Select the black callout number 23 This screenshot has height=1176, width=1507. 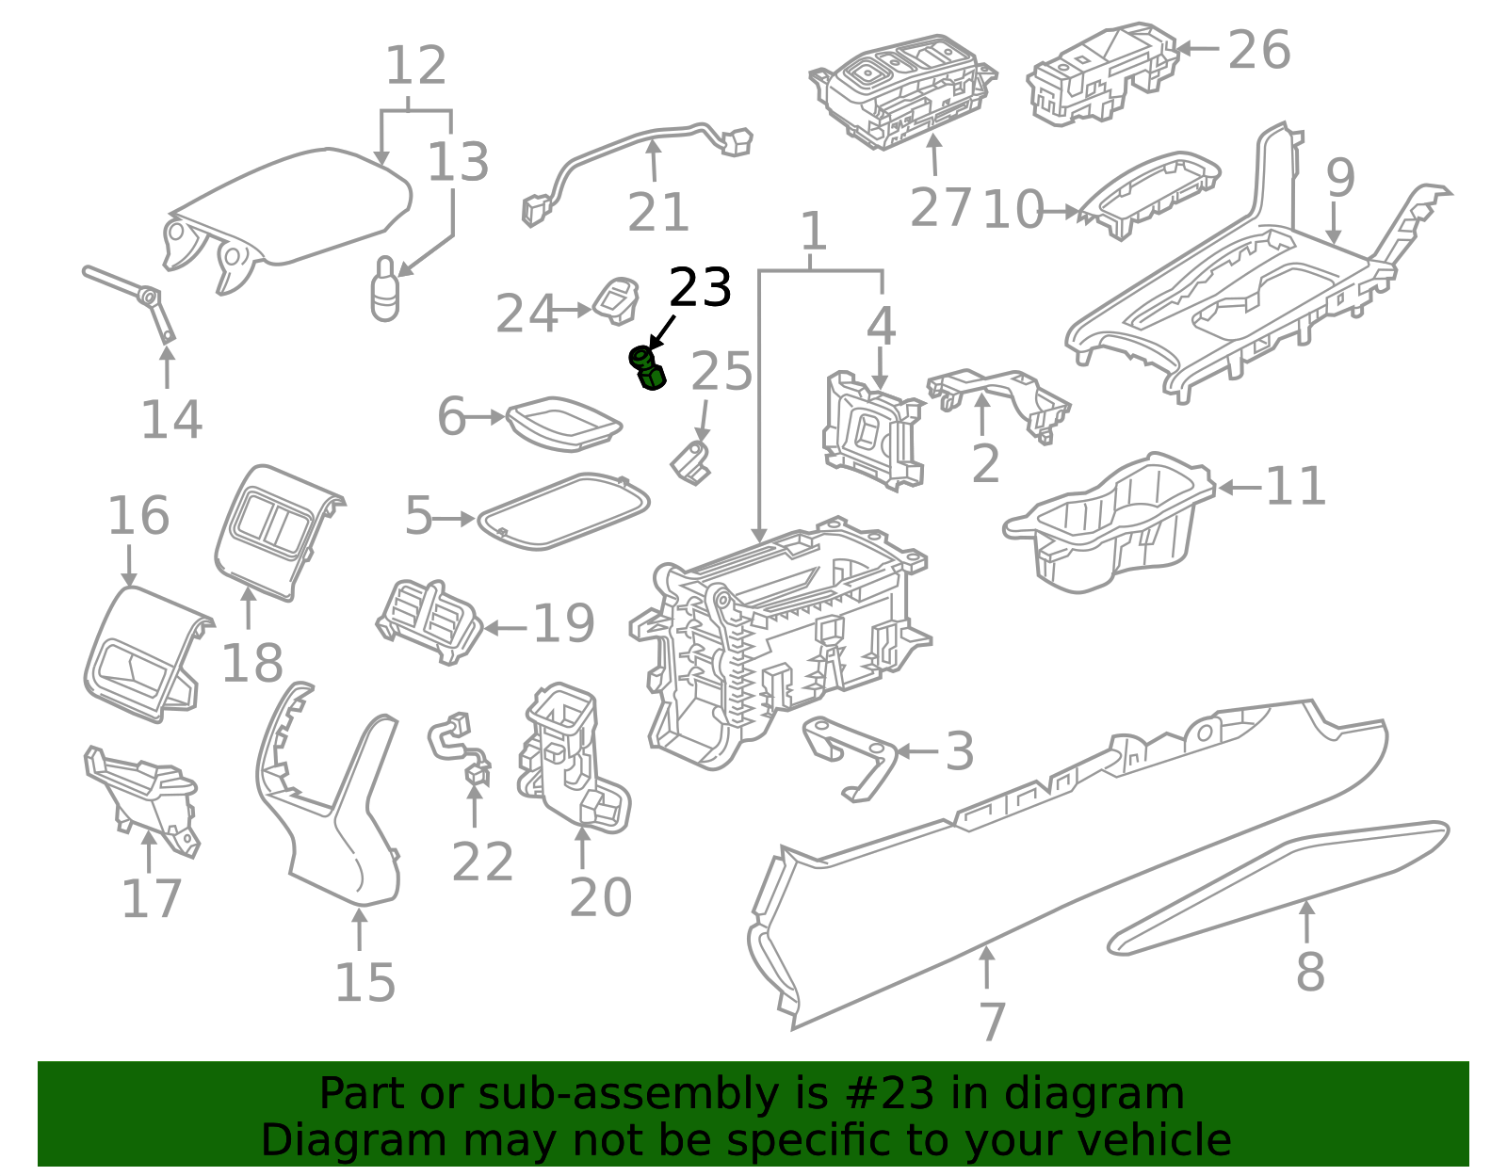coord(700,288)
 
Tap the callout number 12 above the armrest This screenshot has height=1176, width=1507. coord(415,66)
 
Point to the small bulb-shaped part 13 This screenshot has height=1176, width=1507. coord(385,289)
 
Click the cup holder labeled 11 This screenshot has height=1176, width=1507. coord(1111,523)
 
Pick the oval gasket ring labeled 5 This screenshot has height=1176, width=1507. coord(563,511)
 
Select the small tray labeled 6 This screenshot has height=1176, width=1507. coord(563,420)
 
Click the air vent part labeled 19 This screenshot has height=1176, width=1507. coord(429,622)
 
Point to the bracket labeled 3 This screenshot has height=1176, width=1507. coord(852,753)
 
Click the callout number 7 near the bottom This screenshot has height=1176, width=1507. coord(992,1022)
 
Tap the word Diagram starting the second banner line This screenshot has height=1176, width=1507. coord(317,1140)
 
